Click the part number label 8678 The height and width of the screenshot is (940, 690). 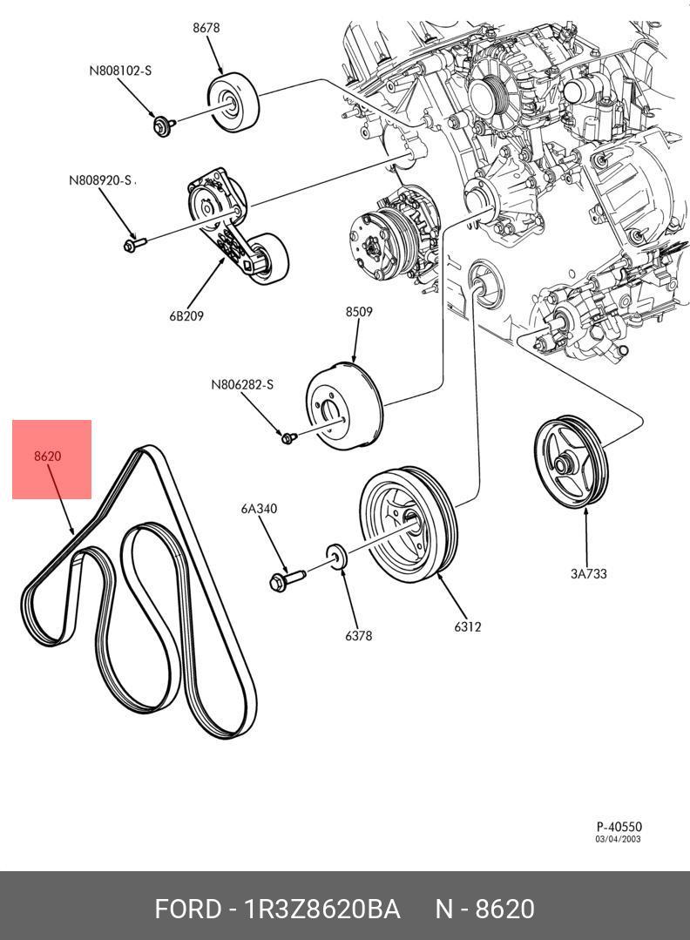pyautogui.click(x=206, y=28)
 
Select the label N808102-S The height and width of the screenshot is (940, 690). pyautogui.click(x=120, y=71)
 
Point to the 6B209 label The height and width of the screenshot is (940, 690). pyautogui.click(x=186, y=315)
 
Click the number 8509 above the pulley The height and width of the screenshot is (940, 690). pyautogui.click(x=358, y=312)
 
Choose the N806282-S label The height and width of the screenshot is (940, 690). pyautogui.click(x=242, y=384)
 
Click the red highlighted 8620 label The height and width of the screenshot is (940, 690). pyautogui.click(x=47, y=456)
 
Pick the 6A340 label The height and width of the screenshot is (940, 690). pyautogui.click(x=259, y=509)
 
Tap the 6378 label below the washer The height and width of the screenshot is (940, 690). pyautogui.click(x=358, y=635)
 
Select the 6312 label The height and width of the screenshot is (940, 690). pyautogui.click(x=468, y=626)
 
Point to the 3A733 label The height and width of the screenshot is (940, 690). pyautogui.click(x=589, y=574)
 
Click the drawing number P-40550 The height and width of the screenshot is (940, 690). pyautogui.click(x=619, y=827)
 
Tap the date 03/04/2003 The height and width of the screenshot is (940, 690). pyautogui.click(x=618, y=839)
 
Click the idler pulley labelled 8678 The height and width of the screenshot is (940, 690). pyautogui.click(x=233, y=104)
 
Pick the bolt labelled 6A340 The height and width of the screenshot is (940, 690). pyautogui.click(x=287, y=580)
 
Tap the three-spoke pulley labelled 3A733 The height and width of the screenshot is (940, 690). pyautogui.click(x=571, y=462)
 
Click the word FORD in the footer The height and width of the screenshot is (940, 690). pyautogui.click(x=188, y=909)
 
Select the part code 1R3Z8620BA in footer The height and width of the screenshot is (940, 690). pyautogui.click(x=322, y=909)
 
